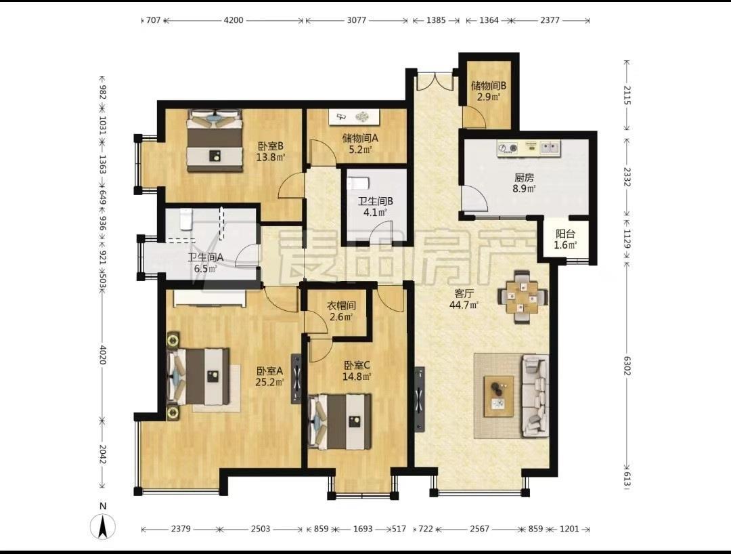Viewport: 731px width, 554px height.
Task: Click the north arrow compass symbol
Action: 104,526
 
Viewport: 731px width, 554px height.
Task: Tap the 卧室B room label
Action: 271,146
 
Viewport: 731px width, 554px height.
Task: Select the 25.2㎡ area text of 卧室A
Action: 270,383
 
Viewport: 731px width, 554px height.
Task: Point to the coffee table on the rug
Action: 499,396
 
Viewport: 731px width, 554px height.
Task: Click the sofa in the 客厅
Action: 535,396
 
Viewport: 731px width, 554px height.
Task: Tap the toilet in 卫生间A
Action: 185,219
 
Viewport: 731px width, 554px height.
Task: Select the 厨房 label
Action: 524,177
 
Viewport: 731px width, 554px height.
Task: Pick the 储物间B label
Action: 489,86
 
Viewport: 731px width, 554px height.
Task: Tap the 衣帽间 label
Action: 340,306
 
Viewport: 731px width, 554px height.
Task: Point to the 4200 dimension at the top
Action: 233,20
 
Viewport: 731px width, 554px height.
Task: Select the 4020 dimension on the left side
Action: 103,354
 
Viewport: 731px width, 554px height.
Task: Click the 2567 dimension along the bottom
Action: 479,529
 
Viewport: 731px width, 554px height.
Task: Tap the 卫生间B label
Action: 375,201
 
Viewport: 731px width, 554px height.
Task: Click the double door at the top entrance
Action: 435,81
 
